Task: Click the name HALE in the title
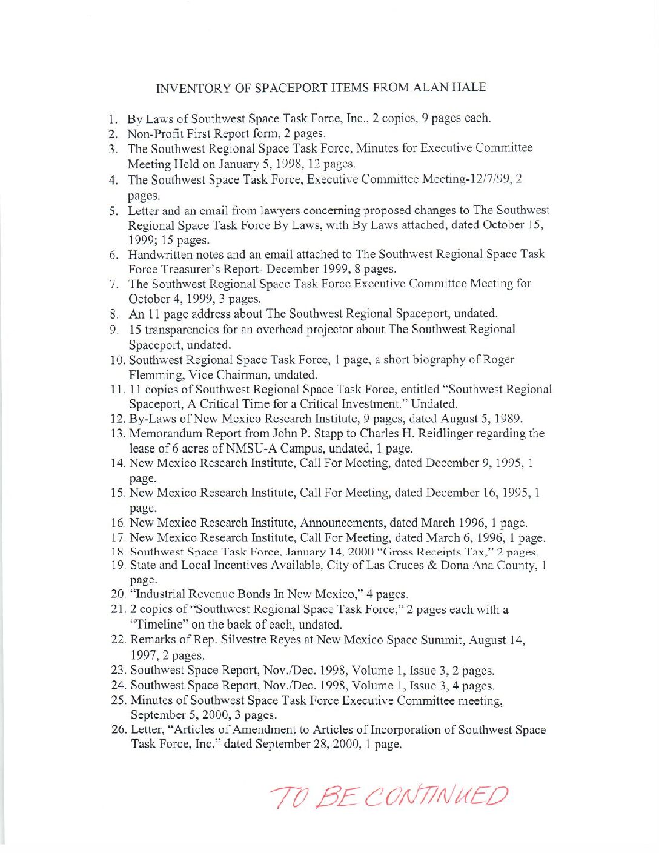point(467,87)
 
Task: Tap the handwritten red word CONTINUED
point(438,797)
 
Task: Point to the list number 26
point(119,729)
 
